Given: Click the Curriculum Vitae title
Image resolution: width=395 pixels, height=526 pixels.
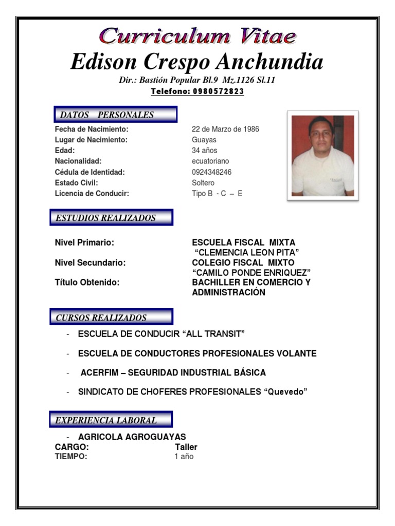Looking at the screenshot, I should [x=197, y=36].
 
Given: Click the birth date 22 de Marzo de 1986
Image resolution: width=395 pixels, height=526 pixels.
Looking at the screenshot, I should [x=225, y=129].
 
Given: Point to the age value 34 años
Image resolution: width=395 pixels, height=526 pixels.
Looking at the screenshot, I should [x=204, y=151].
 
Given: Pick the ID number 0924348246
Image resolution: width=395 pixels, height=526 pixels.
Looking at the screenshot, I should [x=211, y=172].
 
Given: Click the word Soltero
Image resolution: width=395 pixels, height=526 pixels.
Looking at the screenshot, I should [x=203, y=183].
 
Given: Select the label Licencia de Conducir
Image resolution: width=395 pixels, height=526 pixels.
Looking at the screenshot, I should [x=92, y=194].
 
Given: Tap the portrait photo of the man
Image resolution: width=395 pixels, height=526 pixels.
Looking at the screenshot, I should [x=322, y=156].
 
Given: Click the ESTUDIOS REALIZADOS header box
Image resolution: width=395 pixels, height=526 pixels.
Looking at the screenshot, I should [x=111, y=218].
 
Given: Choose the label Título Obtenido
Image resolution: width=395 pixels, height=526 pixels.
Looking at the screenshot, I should [x=87, y=283].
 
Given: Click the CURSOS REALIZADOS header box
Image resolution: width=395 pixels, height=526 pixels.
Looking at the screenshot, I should [x=111, y=317].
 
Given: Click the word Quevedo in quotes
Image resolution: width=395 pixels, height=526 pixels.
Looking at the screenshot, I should [x=285, y=392].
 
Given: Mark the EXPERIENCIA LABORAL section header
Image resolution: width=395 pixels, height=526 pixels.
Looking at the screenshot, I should [x=111, y=420].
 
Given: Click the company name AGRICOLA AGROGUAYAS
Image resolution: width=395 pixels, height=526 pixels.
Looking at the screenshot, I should [x=132, y=437].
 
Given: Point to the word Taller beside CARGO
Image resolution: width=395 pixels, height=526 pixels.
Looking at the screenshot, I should [x=186, y=447].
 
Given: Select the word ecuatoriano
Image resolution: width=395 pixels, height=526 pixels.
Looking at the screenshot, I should [x=210, y=161].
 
